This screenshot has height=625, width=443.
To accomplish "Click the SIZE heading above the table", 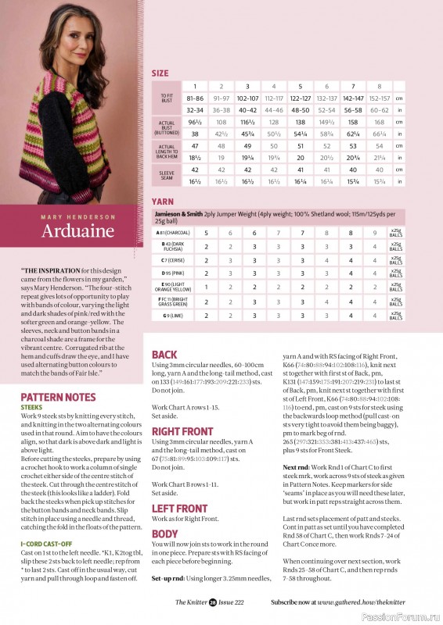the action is click(160, 73).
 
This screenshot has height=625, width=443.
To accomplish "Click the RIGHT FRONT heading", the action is click(182, 430).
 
